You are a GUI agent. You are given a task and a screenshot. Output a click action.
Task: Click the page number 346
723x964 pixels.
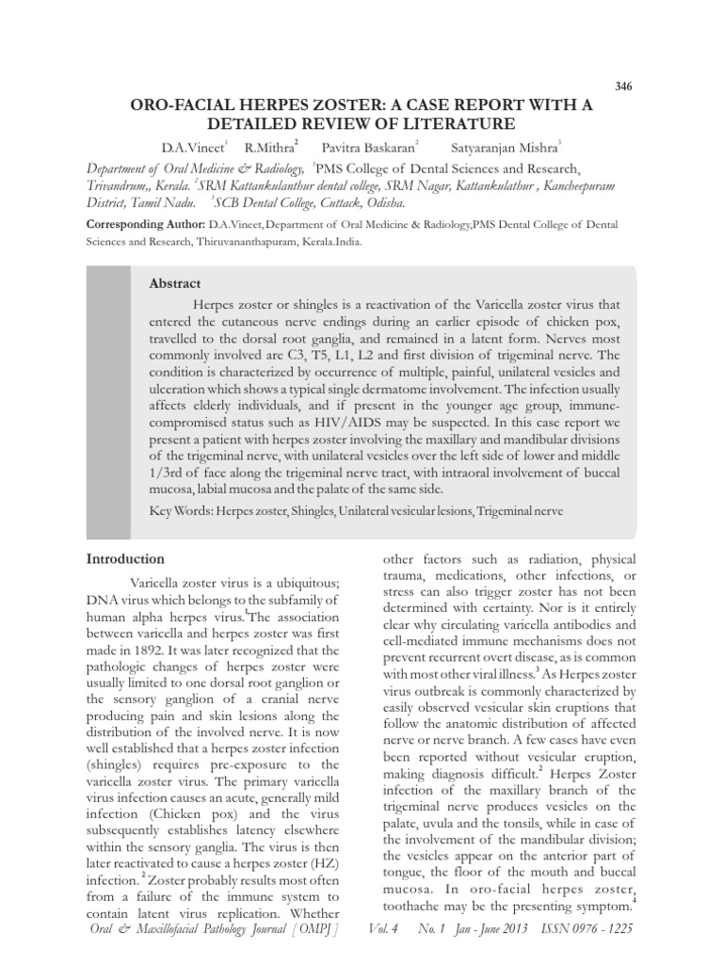(x=623, y=87)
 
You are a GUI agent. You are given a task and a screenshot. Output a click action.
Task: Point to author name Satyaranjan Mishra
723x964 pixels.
(x=512, y=148)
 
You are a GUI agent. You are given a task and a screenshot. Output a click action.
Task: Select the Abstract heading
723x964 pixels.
(x=175, y=283)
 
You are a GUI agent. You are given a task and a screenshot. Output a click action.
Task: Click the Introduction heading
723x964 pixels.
(x=125, y=559)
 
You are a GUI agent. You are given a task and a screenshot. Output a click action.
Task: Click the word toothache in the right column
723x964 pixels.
(x=420, y=907)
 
